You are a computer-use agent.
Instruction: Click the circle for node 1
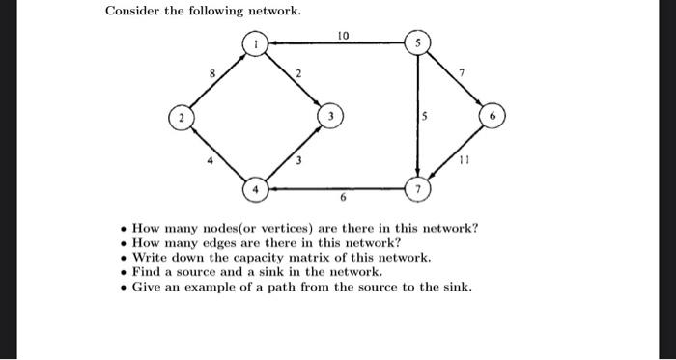(255, 43)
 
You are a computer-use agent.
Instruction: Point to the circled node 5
(417, 43)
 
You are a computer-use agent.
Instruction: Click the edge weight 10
(343, 35)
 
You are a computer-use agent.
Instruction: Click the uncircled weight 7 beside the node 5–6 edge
(464, 71)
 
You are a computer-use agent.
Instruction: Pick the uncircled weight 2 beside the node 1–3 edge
(298, 73)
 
